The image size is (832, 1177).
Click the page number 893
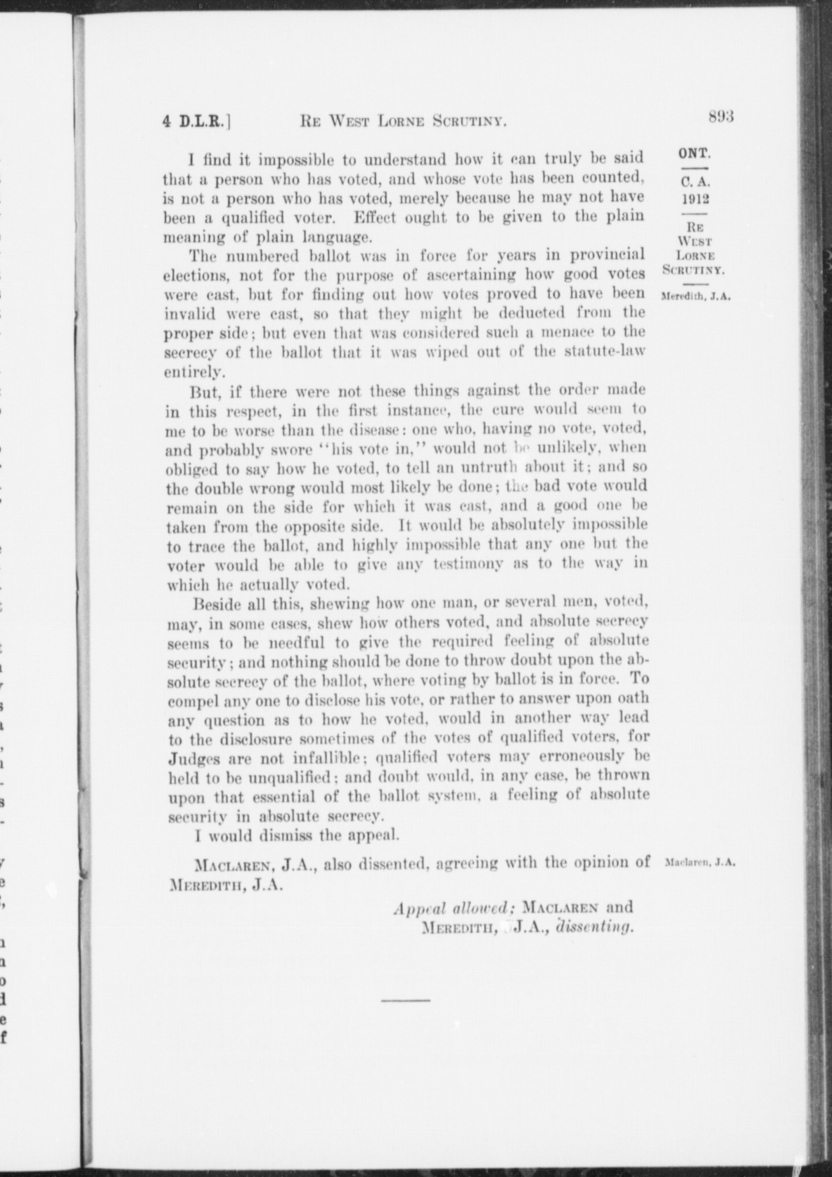pos(722,117)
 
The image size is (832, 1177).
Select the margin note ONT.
pos(695,154)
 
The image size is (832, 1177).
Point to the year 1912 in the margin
pos(696,199)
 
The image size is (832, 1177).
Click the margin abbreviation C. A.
pos(696,182)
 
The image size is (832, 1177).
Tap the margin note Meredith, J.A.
pos(696,298)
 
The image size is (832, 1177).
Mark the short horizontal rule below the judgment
pos(405,1001)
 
